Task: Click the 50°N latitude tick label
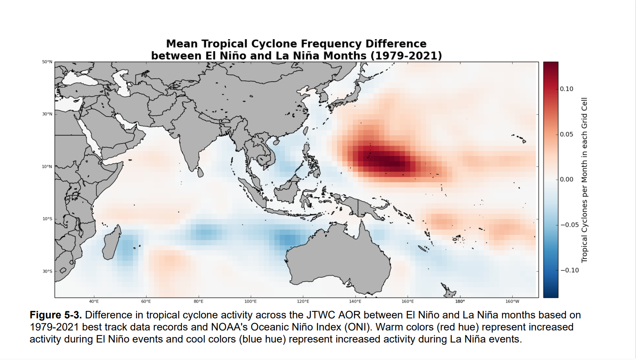click(x=47, y=62)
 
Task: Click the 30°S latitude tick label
click(x=47, y=271)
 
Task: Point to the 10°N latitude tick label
click(x=47, y=167)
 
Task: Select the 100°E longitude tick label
click(x=251, y=301)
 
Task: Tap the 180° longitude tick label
click(x=460, y=301)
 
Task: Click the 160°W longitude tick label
click(x=512, y=301)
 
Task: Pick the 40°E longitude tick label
click(x=94, y=301)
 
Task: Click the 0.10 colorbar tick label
click(x=566, y=89)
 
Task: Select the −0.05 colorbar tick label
click(x=569, y=225)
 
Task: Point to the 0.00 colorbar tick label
click(x=566, y=179)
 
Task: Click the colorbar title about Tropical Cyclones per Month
click(x=584, y=180)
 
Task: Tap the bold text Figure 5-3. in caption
click(x=56, y=315)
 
